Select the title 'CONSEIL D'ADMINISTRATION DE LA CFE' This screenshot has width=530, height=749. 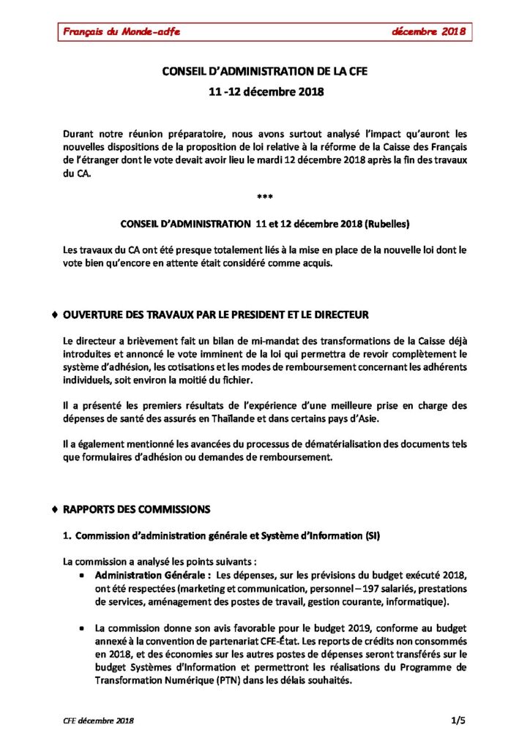click(264, 72)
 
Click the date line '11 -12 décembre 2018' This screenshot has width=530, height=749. click(264, 94)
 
